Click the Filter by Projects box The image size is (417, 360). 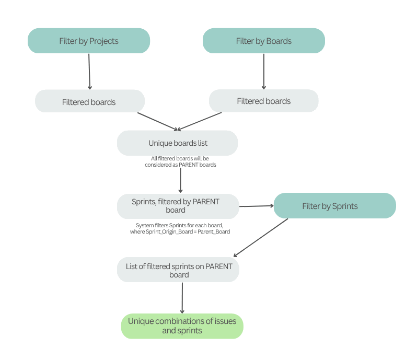pos(88,41)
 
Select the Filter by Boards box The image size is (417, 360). pos(263,41)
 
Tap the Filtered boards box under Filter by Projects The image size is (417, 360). pos(89,101)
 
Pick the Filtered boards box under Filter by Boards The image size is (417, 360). pos(263,101)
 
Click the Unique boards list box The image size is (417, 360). pos(177,143)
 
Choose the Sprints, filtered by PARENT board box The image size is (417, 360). pos(178,206)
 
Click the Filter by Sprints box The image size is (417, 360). pos(334,206)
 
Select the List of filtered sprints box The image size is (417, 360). pos(178,270)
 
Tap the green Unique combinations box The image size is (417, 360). pos(182,326)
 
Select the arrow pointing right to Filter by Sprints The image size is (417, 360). pos(256,206)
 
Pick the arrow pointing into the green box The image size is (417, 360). pos(182,298)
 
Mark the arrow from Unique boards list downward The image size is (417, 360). pos(180,180)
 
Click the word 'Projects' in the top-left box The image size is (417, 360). pos(104,41)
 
